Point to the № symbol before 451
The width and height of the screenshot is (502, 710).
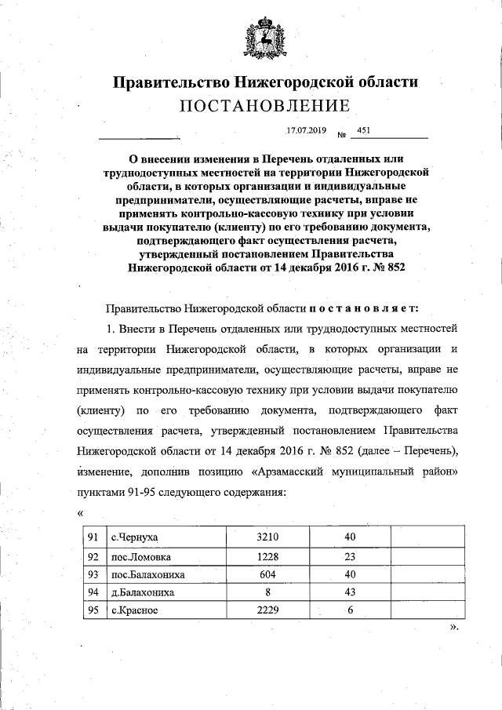click(x=341, y=133)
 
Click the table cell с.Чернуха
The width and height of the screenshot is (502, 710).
click(x=134, y=537)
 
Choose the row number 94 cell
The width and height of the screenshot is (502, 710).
click(x=93, y=592)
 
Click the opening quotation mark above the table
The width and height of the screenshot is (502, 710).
click(x=81, y=512)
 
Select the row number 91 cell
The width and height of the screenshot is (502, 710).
click(x=93, y=537)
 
